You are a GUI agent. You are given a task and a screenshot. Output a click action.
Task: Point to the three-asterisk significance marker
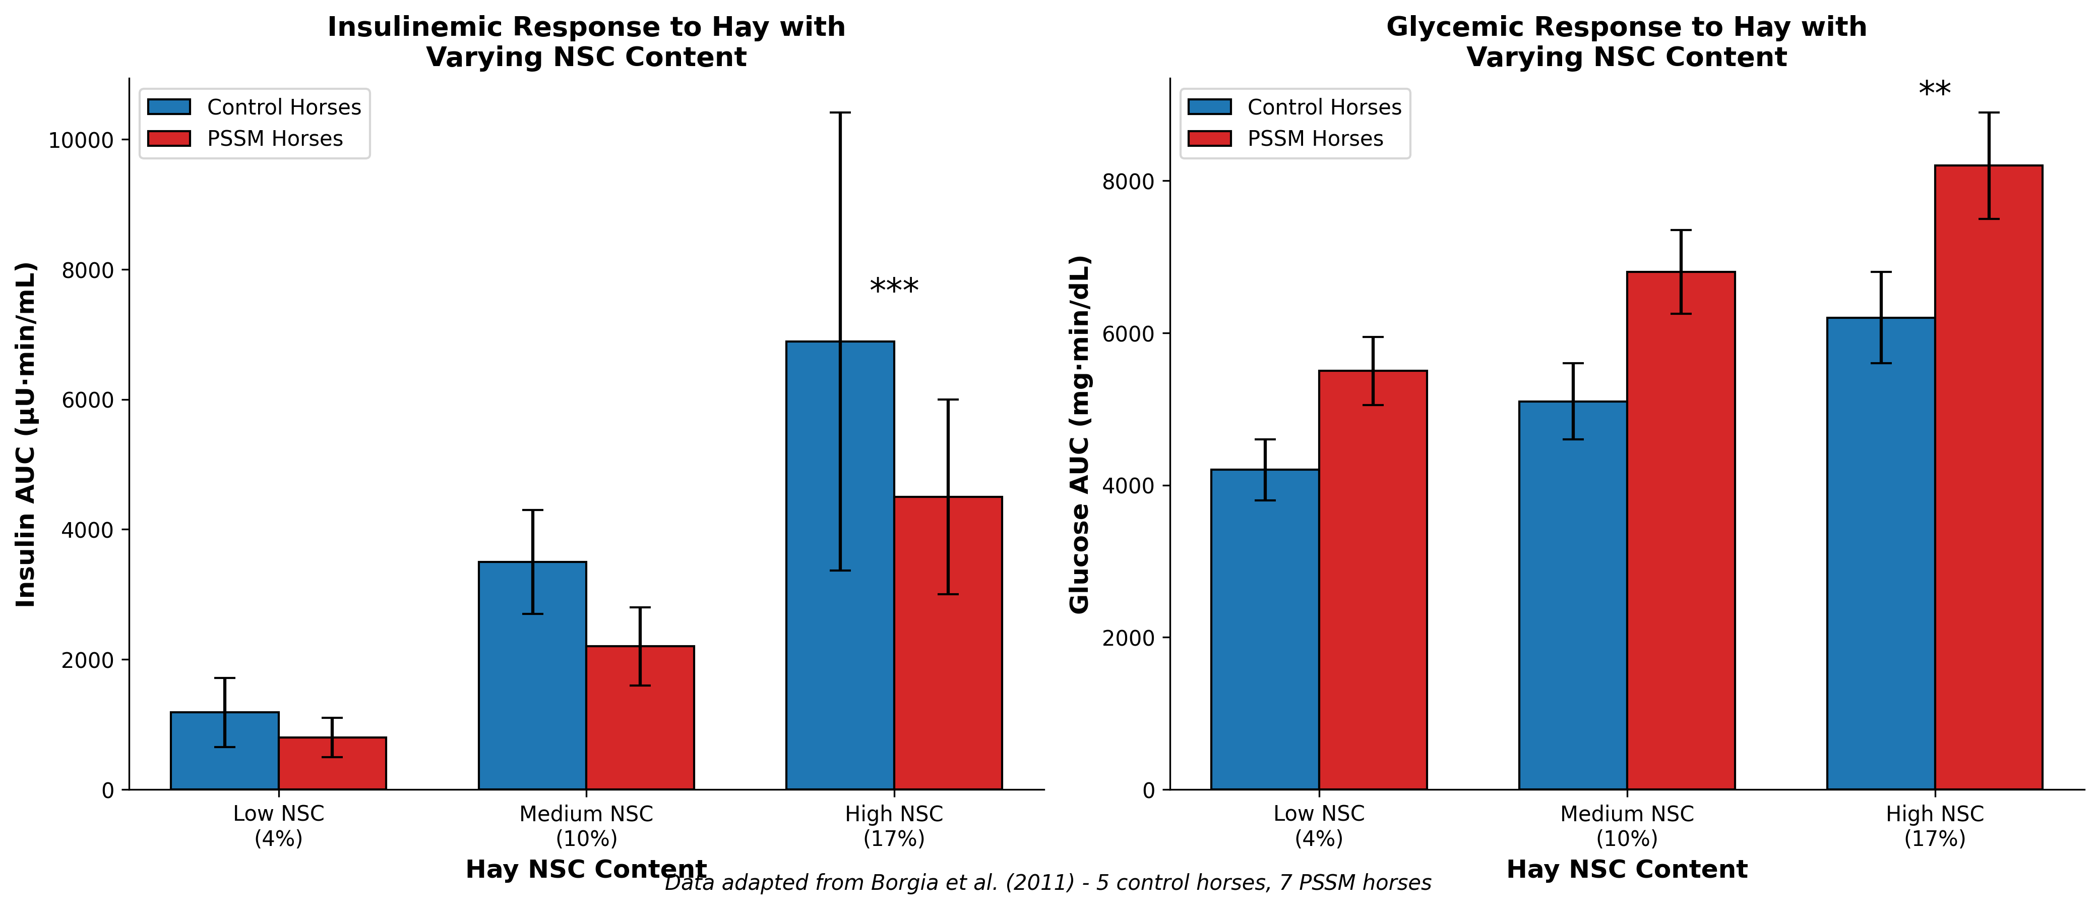coord(894,288)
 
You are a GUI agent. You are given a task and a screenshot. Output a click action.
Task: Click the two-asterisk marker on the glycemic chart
coord(1934,90)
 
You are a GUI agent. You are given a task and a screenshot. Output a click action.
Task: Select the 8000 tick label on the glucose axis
coord(1129,181)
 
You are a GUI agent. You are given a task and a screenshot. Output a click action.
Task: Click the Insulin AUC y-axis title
coord(26,434)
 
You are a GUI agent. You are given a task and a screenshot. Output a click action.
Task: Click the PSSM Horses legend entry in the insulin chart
coord(275,139)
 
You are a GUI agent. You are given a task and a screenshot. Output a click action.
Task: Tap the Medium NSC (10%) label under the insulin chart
coord(586,825)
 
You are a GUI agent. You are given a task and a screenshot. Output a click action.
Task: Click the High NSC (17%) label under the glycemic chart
coord(1934,825)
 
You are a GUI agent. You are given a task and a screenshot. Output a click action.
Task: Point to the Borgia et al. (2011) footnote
coord(1048,883)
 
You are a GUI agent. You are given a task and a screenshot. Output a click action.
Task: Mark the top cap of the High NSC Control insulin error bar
coord(840,112)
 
